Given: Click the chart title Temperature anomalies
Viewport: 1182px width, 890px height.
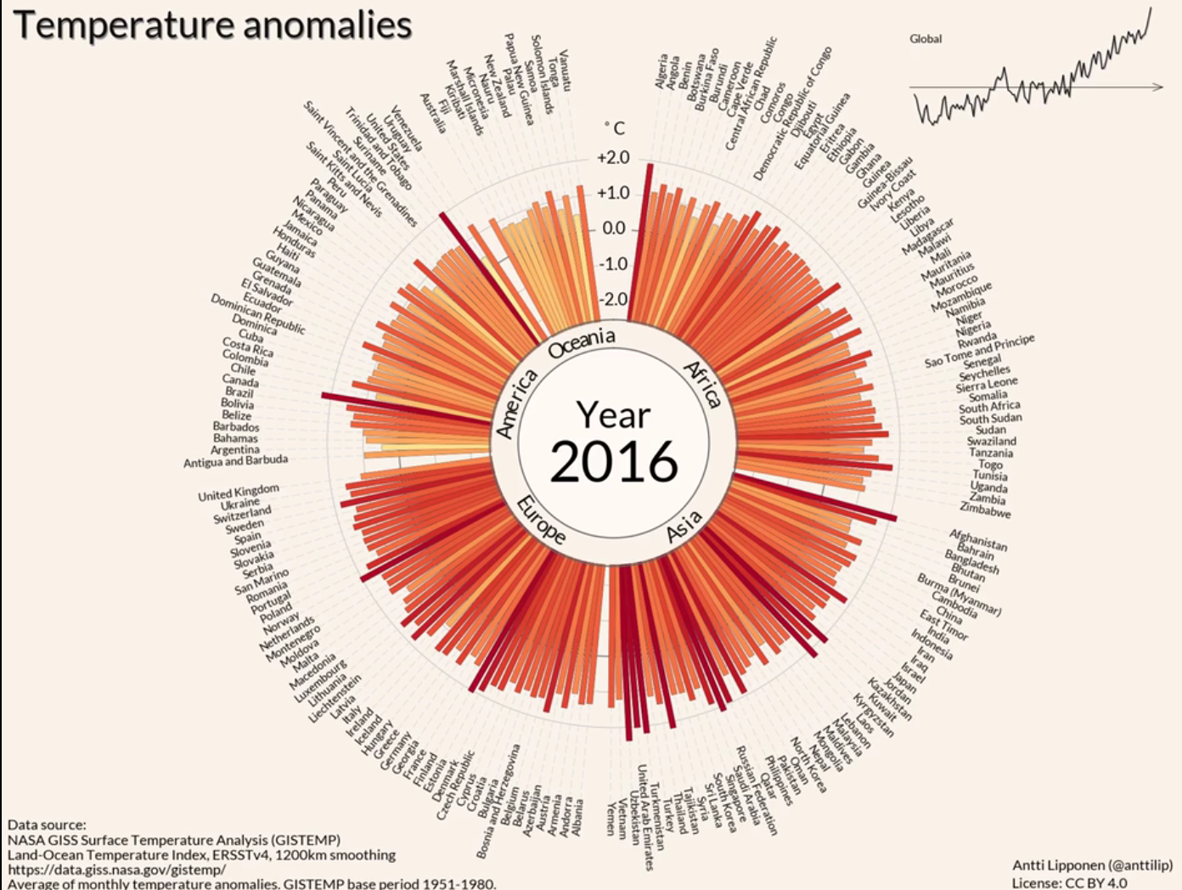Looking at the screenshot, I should pos(213,25).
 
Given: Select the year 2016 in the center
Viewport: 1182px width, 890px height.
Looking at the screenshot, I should pos(614,461).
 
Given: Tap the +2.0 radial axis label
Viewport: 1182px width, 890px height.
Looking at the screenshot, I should pos(613,158).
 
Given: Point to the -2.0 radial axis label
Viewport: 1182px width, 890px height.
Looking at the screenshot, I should pos(613,299).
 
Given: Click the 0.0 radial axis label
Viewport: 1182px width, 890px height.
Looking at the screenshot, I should pos(614,228).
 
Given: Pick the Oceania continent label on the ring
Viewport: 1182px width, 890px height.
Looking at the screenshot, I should pos(582,342).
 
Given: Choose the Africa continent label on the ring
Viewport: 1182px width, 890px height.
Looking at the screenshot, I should pos(702,384).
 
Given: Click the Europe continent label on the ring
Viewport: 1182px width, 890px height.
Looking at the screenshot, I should pos(541,519).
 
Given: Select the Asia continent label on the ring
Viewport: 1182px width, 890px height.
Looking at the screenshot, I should pos(684,526).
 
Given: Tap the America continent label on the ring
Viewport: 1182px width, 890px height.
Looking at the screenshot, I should pos(516,404).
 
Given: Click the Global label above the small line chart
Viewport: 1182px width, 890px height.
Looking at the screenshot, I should pos(926,38).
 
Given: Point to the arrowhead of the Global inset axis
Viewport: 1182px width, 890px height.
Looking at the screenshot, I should pos(1158,87).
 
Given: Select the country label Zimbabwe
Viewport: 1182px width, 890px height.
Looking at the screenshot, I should pos(985,510).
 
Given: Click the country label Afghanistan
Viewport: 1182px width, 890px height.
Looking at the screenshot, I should pos(978,540).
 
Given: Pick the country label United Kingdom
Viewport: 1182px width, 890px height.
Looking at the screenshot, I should pos(239,493).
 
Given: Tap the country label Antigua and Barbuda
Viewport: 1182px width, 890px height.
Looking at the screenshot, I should pos(236,461).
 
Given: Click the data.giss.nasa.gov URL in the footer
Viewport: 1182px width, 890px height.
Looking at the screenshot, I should pos(117,870).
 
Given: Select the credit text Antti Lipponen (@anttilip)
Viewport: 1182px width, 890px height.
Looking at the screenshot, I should pos(1092,865).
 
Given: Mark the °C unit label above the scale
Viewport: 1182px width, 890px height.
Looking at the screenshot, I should pos(615,128).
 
